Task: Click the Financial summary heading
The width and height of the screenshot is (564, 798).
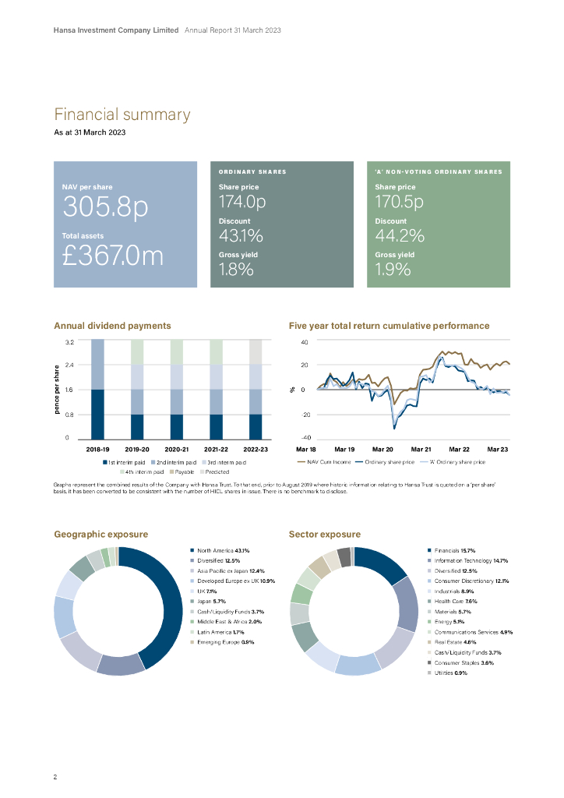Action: coord(122,115)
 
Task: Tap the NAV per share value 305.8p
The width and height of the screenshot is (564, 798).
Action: coord(105,207)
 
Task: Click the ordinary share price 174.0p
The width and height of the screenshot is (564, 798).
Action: coord(242,203)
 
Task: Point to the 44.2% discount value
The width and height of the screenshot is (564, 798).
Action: coord(400,236)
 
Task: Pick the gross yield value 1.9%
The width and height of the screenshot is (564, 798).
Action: coord(392,270)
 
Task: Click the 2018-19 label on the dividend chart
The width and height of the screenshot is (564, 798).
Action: coord(97,450)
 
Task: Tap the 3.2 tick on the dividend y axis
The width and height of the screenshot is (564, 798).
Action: coord(70,342)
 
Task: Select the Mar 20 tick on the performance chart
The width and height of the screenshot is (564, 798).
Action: coord(382,450)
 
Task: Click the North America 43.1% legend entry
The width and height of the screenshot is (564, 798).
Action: coord(223,550)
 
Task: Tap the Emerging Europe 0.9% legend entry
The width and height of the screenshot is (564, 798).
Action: coord(225,642)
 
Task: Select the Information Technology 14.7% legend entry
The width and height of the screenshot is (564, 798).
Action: coord(471,560)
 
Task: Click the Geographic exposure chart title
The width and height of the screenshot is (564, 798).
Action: coord(100,535)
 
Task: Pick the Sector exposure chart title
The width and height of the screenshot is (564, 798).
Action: coord(324,535)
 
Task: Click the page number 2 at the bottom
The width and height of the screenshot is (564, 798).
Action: coord(55,778)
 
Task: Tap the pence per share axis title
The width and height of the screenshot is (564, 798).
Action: coord(58,390)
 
